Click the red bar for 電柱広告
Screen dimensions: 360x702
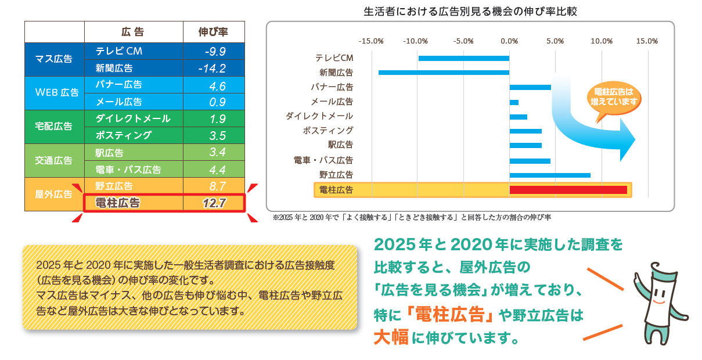click(x=568, y=190)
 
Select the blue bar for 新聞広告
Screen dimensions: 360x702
click(x=444, y=73)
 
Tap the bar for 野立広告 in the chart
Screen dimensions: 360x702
click(x=550, y=175)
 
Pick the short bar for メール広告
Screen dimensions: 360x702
click(x=514, y=102)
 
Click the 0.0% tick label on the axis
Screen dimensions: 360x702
click(x=509, y=41)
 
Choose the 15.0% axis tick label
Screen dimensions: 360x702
click(x=647, y=41)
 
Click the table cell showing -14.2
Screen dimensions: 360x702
click(x=213, y=69)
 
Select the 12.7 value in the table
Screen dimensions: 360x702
click(x=213, y=203)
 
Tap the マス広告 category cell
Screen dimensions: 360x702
click(x=54, y=59)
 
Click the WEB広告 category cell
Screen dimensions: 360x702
click(x=54, y=92)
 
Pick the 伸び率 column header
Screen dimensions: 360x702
click(x=213, y=32)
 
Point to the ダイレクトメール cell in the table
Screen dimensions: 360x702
click(x=133, y=119)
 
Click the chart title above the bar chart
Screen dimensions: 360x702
click(x=470, y=11)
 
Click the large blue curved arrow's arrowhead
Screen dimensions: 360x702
click(x=627, y=140)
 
